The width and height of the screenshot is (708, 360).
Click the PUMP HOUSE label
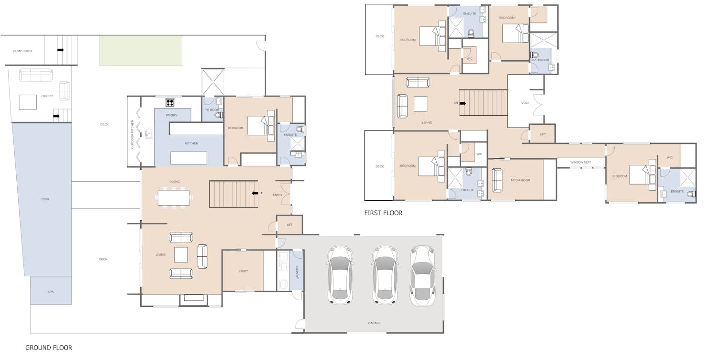[23, 51]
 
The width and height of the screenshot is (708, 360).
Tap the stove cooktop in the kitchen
[170, 103]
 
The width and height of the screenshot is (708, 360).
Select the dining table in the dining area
[174, 197]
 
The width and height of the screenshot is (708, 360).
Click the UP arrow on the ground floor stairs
[255, 193]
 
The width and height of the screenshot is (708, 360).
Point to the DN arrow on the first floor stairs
[463, 103]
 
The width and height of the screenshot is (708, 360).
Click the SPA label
[51, 292]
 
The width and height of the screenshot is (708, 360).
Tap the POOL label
[45, 199]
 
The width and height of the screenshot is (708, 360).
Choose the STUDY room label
[243, 271]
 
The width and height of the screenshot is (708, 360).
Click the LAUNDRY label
[297, 273]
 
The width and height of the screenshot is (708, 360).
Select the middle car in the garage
[384, 275]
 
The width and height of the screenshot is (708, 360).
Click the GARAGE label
[374, 323]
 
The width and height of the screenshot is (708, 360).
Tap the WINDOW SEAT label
[581, 163]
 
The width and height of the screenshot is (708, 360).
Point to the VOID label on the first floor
[525, 103]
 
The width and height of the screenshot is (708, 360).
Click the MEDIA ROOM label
[520, 180]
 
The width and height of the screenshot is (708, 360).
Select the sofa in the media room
[497, 180]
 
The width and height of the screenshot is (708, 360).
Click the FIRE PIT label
[47, 96]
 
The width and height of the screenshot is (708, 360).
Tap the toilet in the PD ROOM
[219, 115]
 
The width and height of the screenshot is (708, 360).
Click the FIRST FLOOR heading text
[383, 213]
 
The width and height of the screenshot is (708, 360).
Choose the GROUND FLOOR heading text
[49, 348]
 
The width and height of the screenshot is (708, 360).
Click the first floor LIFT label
[542, 134]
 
